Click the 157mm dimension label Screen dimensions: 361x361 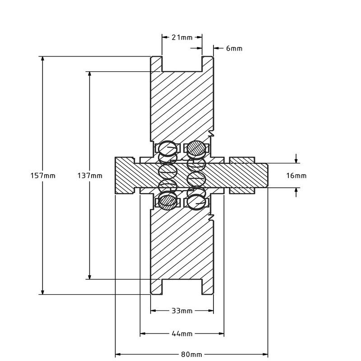click(x=43, y=176)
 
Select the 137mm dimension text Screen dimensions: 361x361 click(x=90, y=176)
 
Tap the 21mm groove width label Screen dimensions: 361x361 click(x=182, y=37)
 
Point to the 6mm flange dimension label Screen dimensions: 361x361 click(x=234, y=48)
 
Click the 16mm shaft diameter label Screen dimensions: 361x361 click(x=296, y=176)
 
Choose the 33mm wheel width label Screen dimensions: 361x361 click(x=182, y=311)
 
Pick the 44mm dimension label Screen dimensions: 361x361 click(x=182, y=333)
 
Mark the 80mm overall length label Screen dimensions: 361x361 click(x=191, y=355)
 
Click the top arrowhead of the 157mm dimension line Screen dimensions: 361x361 click(x=42, y=59)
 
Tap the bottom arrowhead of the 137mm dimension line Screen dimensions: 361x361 click(x=89, y=277)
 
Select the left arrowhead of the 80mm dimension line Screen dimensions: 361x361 click(x=118, y=354)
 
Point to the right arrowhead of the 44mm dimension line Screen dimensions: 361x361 click(x=221, y=333)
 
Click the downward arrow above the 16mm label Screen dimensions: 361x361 click(x=296, y=159)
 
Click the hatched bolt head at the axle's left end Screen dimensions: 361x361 click(x=125, y=176)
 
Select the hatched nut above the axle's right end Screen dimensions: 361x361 click(x=242, y=160)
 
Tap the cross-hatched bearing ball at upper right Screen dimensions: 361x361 click(x=196, y=148)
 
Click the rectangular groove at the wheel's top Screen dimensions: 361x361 click(x=182, y=64)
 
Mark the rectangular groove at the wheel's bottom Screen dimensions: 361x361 click(x=182, y=287)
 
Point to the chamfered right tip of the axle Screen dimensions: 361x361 click(x=267, y=176)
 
